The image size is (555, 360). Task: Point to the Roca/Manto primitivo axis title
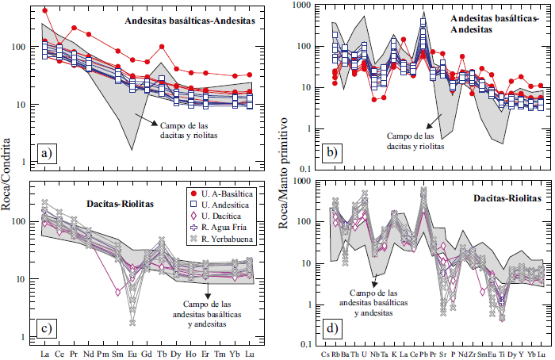(283, 179)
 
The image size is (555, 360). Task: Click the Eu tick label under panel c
(132, 353)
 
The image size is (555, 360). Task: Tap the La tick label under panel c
(44, 353)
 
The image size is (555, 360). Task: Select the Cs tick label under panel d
(325, 354)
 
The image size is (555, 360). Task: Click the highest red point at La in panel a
(45, 10)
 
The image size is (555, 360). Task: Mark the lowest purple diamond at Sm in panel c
(117, 292)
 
